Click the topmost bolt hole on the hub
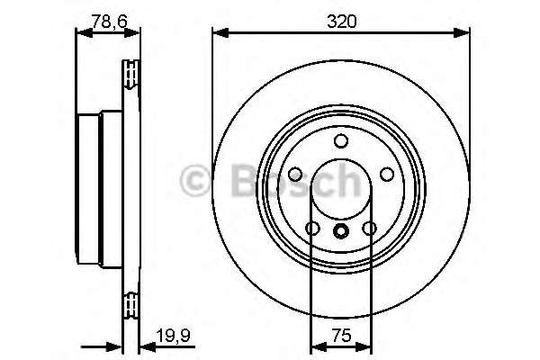point(341,141)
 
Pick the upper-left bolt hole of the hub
point(294,175)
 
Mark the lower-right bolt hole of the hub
point(369,229)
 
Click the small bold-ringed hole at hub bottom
point(341,231)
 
